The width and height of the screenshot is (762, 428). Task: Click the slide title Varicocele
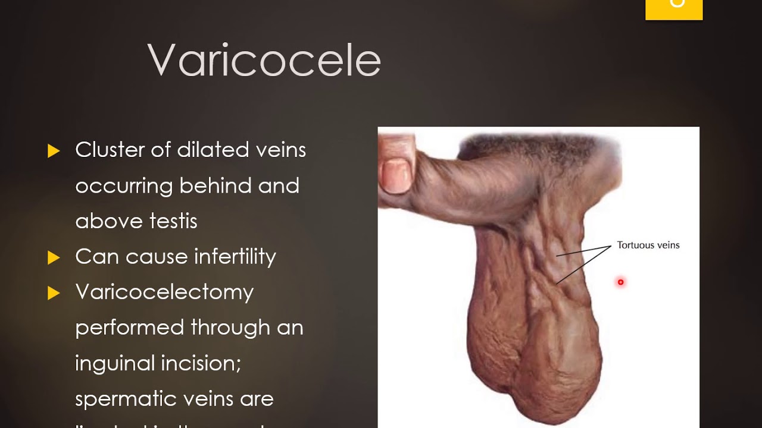(x=264, y=60)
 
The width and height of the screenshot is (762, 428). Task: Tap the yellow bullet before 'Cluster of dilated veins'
(x=54, y=151)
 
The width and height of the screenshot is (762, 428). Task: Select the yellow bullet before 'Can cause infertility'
(x=54, y=257)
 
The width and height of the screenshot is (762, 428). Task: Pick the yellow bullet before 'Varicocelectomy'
(x=54, y=293)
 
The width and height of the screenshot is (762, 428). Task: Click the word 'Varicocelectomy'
(x=164, y=292)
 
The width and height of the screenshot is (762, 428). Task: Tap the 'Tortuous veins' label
(x=648, y=245)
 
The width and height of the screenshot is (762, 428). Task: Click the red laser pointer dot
(x=620, y=282)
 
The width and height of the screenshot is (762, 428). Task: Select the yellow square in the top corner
(x=674, y=9)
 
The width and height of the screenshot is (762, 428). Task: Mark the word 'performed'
(x=129, y=328)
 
